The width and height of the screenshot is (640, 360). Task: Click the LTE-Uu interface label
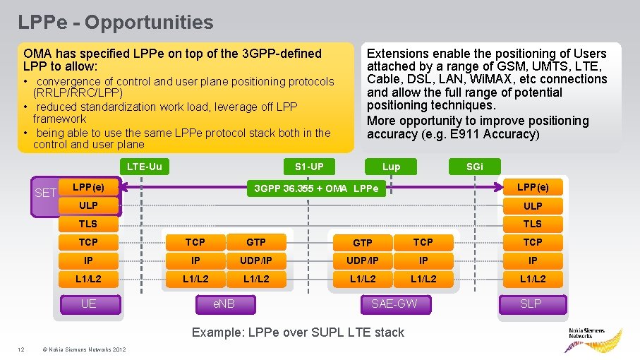(x=144, y=167)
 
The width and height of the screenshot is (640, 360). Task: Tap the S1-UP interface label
(x=309, y=167)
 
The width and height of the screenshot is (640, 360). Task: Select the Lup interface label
(x=391, y=167)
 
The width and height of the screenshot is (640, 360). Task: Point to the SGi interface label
(x=475, y=167)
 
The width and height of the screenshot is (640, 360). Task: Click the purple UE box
(x=88, y=304)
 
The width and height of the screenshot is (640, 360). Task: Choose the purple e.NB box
(x=224, y=304)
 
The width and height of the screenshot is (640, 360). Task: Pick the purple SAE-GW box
(x=394, y=304)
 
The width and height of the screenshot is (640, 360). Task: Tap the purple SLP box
(x=532, y=304)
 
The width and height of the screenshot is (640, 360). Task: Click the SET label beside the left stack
(x=45, y=192)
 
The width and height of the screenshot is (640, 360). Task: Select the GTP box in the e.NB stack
(x=256, y=242)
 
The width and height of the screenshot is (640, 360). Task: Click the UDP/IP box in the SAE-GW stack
(x=362, y=260)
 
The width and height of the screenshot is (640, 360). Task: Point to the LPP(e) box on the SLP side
(x=532, y=187)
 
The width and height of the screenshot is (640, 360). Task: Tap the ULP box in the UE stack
(x=88, y=205)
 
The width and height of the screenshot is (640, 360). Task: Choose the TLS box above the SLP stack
(x=532, y=224)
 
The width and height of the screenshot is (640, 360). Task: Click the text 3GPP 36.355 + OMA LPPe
(x=315, y=188)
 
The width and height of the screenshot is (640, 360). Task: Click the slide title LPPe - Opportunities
(x=116, y=22)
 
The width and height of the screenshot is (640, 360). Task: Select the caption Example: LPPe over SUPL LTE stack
(x=298, y=332)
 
